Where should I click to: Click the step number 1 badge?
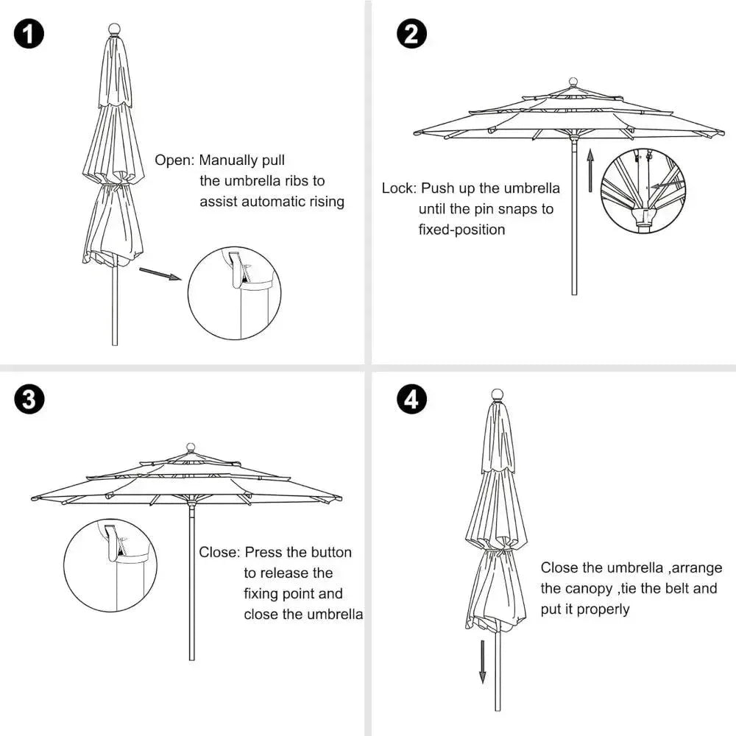[x=29, y=35]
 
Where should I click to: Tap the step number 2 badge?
[x=411, y=35]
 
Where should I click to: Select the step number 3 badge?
[x=29, y=400]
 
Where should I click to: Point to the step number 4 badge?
[x=411, y=400]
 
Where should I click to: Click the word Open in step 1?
[x=174, y=160]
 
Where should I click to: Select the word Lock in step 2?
[x=399, y=188]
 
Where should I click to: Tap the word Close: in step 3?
[x=219, y=552]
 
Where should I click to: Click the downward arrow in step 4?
[x=483, y=662]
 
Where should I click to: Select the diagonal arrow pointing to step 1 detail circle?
[x=160, y=274]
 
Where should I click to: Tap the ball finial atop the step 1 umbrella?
[x=114, y=29]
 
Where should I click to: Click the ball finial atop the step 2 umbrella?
[x=573, y=82]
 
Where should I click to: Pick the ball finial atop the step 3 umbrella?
[x=191, y=447]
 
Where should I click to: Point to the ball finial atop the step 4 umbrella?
[x=497, y=394]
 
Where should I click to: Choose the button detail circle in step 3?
[x=110, y=565]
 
